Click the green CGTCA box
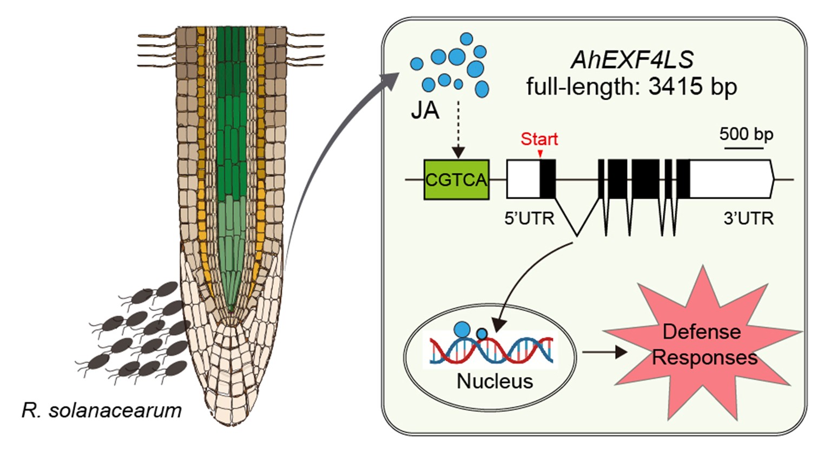(456, 179)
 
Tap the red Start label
(539, 139)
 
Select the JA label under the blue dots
(425, 111)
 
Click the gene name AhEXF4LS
(632, 60)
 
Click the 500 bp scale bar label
(746, 134)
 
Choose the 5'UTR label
(529, 218)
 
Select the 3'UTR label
(748, 218)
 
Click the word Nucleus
(494, 381)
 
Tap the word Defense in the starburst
(701, 331)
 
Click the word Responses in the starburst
(704, 358)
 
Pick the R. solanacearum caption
(102, 410)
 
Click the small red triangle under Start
(540, 154)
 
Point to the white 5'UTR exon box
(523, 179)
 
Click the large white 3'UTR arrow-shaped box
(730, 179)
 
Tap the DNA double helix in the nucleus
(491, 350)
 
